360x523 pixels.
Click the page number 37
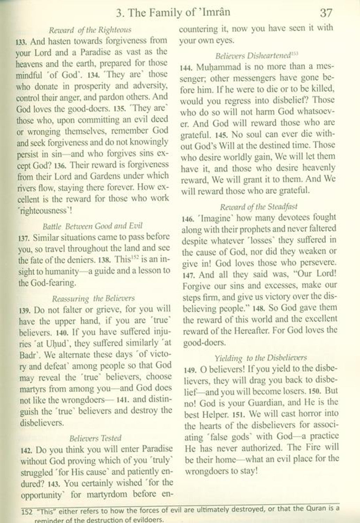325,13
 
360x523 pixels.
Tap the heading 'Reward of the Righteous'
90,30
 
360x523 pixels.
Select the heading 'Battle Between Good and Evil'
92,226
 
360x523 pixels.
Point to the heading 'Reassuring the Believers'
93,298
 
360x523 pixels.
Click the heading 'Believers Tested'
95,438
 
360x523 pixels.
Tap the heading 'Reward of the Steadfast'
259,206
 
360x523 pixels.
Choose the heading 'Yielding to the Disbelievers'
261,358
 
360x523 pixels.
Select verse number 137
23,238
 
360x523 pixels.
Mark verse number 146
188,219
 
